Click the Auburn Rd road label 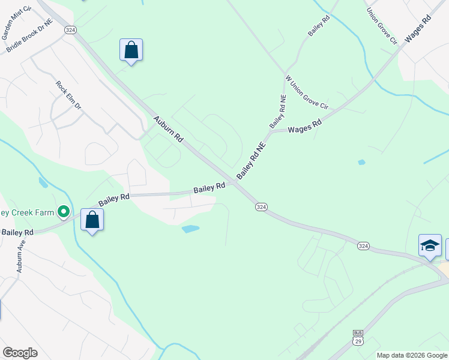click(x=168, y=129)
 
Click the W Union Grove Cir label click(x=307, y=92)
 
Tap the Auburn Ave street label click(x=21, y=257)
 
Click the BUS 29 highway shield click(x=358, y=337)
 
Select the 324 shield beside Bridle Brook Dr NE click(x=70, y=30)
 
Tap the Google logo click(x=20, y=353)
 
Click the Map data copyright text click(x=412, y=355)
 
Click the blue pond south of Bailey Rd click(x=190, y=229)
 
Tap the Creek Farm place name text click(x=27, y=212)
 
